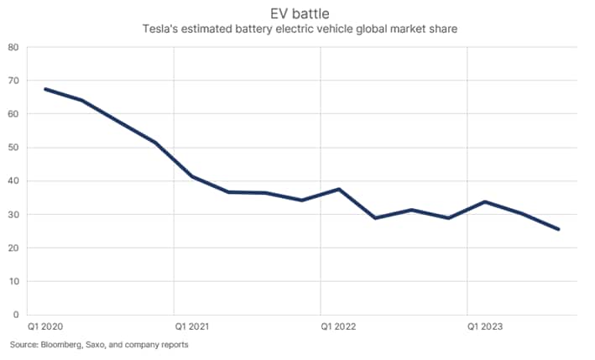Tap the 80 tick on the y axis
14,47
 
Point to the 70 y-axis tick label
14,81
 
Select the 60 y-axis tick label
14,114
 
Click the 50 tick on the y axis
14,148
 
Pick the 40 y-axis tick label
14,181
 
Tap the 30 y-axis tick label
14,215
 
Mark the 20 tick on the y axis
14,248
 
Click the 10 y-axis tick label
14,282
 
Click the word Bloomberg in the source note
60,345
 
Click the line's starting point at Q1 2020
45,89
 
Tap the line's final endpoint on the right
559,229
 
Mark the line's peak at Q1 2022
339,189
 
